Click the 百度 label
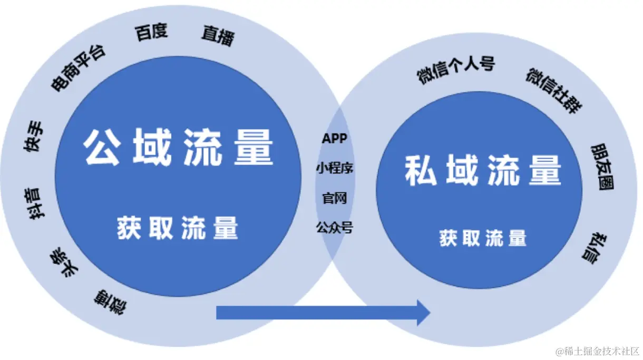(151, 32)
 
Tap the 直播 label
(218, 36)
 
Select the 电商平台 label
(78, 68)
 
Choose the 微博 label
(111, 301)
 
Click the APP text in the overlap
(335, 139)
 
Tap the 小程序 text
(335, 168)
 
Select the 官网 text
(335, 198)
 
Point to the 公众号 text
(335, 228)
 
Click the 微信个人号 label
(456, 70)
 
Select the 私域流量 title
(483, 171)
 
